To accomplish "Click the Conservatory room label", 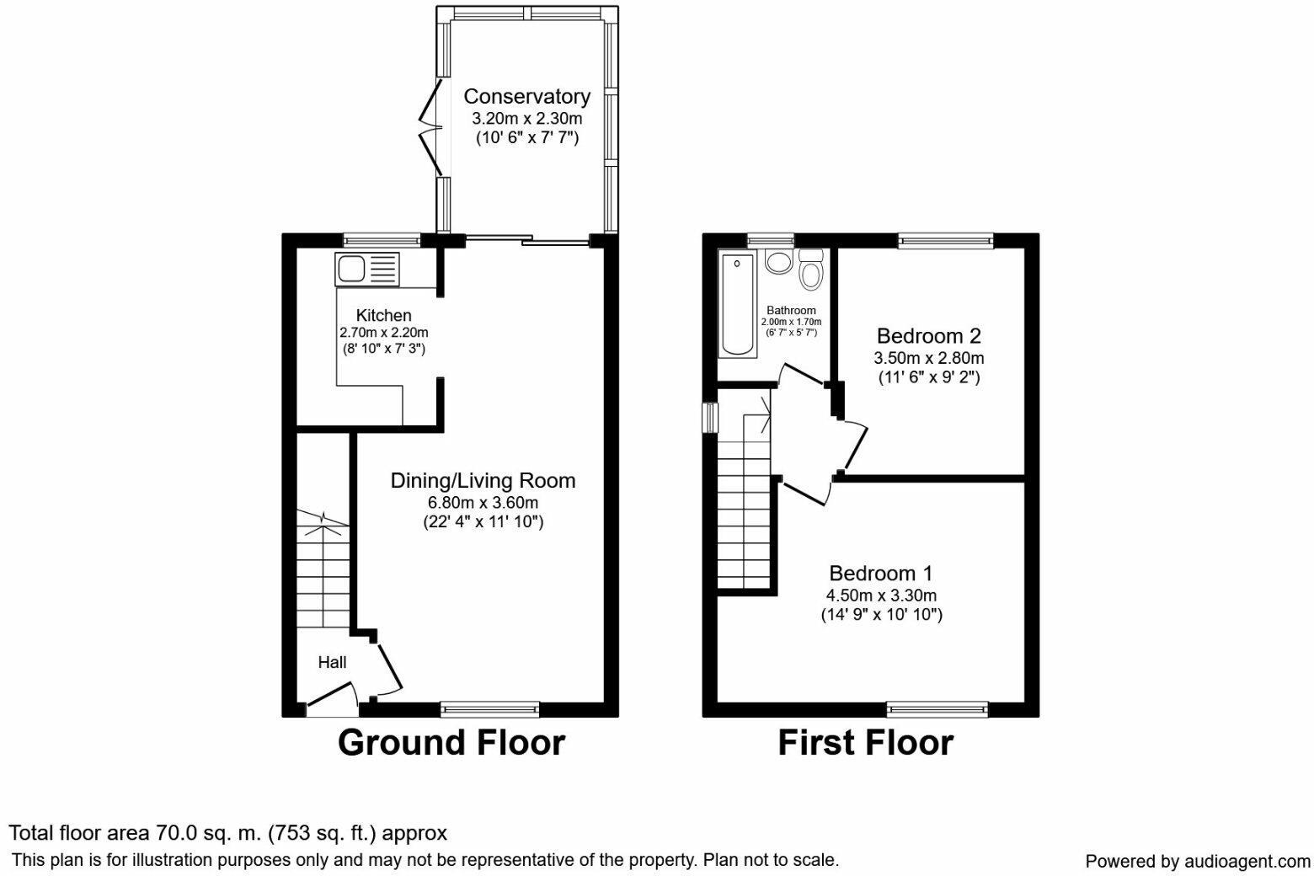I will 526,96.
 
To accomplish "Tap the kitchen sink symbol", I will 368,270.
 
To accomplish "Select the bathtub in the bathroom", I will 737,303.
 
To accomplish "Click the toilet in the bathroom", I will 812,270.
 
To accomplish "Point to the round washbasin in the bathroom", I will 778,262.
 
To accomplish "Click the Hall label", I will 332,663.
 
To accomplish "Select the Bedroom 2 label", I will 928,336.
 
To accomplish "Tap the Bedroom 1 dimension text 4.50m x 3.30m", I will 881,596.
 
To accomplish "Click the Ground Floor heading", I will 451,743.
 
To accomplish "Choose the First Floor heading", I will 865,743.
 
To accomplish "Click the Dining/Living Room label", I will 483,481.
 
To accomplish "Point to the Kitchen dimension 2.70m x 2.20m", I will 383,332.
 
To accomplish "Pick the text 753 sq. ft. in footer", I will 323,834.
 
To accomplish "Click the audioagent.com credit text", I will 1197,861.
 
